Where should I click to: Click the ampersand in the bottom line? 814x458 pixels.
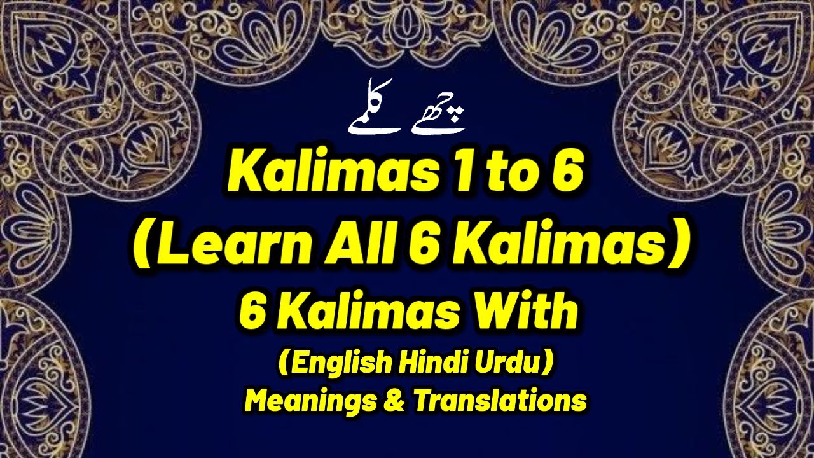pos(395,401)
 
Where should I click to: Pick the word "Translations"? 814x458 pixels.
pos(499,400)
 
